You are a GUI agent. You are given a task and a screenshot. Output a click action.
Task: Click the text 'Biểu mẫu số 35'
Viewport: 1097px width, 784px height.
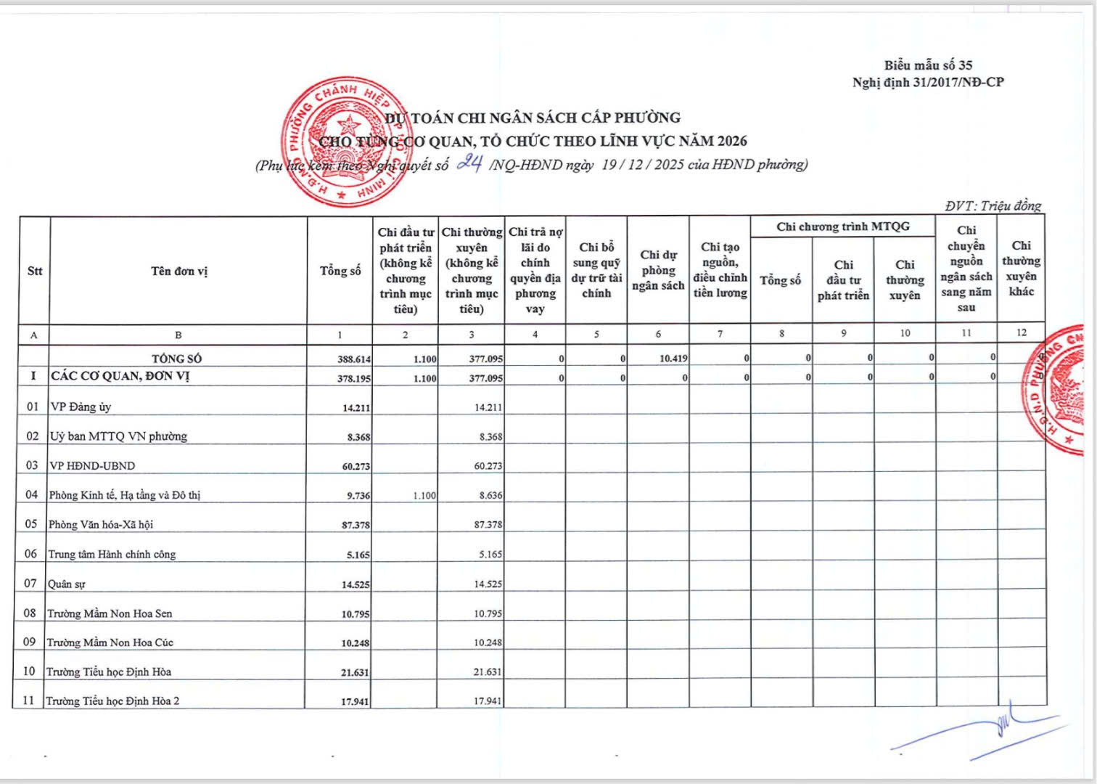click(928, 65)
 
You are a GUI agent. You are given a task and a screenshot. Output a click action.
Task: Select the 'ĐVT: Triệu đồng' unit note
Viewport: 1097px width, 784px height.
click(993, 206)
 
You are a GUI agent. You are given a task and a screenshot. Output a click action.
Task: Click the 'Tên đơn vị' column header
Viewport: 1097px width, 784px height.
click(178, 271)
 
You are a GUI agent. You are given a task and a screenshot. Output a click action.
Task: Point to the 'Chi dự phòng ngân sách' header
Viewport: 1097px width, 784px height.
click(658, 270)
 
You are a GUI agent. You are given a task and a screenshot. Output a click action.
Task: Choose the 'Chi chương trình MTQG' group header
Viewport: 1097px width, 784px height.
click(842, 226)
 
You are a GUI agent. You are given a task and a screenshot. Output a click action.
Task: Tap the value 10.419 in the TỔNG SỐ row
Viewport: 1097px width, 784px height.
click(673, 359)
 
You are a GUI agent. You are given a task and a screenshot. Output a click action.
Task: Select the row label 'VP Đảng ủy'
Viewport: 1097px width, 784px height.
click(81, 407)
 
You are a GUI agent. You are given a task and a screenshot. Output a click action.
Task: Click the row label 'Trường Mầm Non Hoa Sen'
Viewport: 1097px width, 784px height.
click(110, 613)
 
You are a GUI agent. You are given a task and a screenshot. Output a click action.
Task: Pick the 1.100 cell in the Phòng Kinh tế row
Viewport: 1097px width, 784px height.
click(424, 496)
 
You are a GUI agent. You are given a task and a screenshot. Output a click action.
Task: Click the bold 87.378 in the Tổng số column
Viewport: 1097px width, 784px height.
click(356, 525)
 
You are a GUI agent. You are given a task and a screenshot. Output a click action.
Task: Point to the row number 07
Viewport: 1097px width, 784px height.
click(30, 584)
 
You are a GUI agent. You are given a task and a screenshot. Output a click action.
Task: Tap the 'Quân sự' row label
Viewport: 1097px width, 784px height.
click(67, 584)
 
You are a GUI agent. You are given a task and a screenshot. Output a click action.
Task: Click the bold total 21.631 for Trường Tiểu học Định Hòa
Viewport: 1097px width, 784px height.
click(355, 673)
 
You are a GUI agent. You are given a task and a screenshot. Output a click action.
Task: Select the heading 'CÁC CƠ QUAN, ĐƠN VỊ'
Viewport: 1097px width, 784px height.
click(120, 377)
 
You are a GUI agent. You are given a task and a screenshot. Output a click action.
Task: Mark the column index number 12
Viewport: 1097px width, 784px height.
click(1021, 332)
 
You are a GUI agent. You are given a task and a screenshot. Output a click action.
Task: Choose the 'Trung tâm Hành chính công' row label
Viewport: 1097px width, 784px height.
click(112, 555)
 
